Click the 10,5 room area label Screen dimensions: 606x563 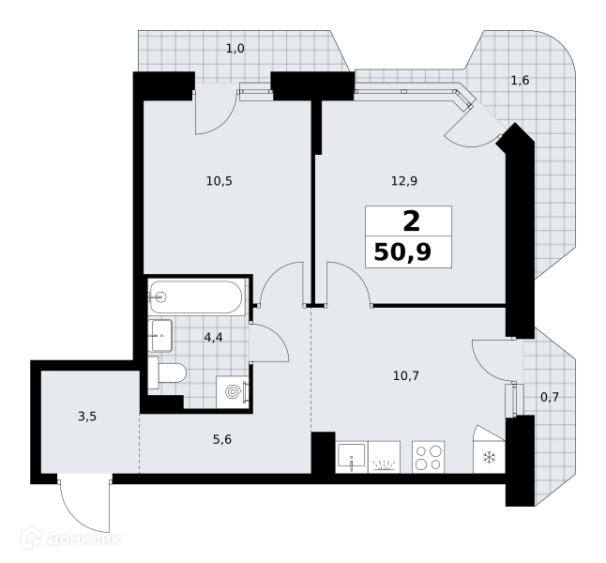220,181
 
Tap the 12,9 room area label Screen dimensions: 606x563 404,181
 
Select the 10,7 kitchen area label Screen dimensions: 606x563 406,375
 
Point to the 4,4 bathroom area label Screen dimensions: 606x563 213,338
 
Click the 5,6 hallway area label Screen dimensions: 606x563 222,439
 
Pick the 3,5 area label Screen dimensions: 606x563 87,417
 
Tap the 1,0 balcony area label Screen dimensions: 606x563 235,49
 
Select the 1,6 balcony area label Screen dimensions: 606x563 520,81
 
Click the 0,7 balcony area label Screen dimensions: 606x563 550,397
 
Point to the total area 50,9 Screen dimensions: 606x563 402,253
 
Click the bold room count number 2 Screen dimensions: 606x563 411,221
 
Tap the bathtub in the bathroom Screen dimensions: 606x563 196,297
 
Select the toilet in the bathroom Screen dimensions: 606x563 167,373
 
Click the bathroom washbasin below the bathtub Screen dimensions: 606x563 160,335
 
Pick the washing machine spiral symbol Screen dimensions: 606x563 233,392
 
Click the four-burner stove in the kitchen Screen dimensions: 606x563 428,457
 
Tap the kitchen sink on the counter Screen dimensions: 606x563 351,457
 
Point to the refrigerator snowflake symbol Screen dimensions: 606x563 489,458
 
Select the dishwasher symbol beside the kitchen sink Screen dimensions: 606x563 385,457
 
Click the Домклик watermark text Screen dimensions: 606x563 83,539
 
